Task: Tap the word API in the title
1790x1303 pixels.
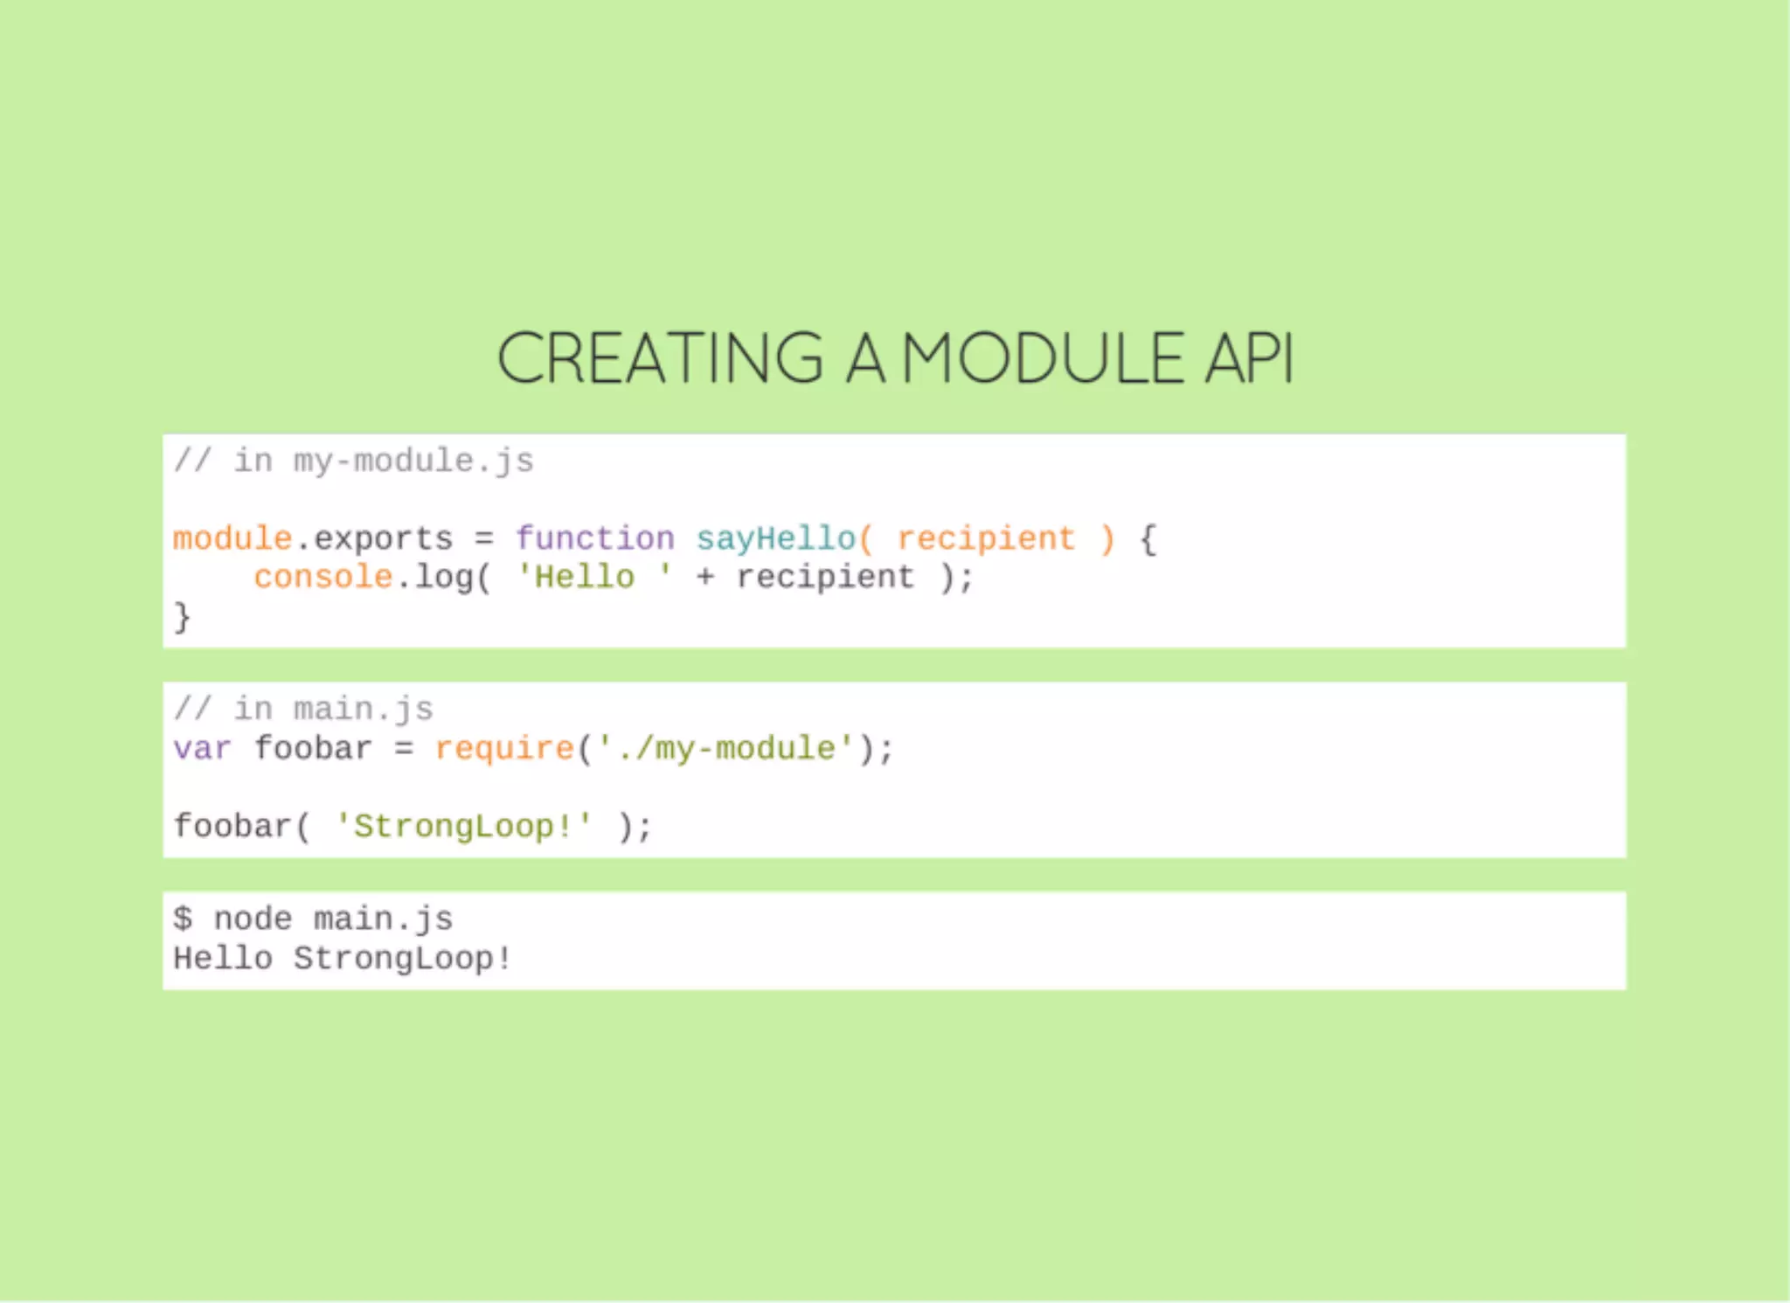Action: click(x=1249, y=358)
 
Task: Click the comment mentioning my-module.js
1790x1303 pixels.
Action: click(x=353, y=461)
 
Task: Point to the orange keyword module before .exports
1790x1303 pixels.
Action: click(x=232, y=538)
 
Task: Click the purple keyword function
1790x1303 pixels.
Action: click(x=594, y=538)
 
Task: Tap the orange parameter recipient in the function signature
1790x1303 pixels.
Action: click(x=986, y=538)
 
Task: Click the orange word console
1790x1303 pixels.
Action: click(x=323, y=577)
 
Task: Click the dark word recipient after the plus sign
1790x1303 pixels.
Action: click(x=825, y=577)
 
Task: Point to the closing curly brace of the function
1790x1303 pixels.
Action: click(x=182, y=616)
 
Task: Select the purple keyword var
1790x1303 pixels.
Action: click(x=202, y=749)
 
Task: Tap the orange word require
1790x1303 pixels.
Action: click(x=504, y=749)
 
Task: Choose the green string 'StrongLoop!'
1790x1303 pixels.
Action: click(x=464, y=826)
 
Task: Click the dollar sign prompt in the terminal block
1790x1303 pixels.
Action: click(x=182, y=918)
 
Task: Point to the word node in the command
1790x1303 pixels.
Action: click(x=253, y=918)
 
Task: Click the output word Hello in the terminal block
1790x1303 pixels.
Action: click(x=223, y=959)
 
